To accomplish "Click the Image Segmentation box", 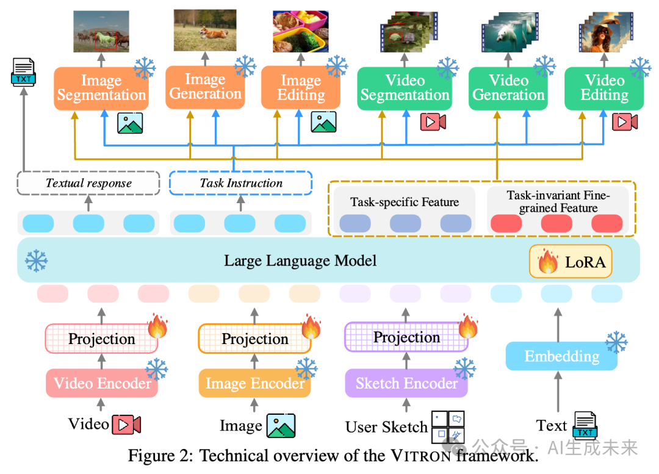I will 101,88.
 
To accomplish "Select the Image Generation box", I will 205,87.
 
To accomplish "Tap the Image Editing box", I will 301,88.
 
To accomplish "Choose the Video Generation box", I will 509,88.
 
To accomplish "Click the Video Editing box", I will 605,88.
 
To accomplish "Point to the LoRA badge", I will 571,262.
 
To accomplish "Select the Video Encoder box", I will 102,383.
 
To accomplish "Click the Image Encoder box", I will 254,383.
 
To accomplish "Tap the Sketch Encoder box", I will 406,383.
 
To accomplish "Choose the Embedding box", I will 561,356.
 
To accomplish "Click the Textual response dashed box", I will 88,182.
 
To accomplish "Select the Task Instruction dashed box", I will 241,182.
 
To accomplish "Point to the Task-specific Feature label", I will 405,203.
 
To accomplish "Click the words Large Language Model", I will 300,261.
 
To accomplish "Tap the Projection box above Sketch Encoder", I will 406,337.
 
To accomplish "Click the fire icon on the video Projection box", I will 157,327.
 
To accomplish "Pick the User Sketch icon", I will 448,426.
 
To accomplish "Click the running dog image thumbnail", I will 204,30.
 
